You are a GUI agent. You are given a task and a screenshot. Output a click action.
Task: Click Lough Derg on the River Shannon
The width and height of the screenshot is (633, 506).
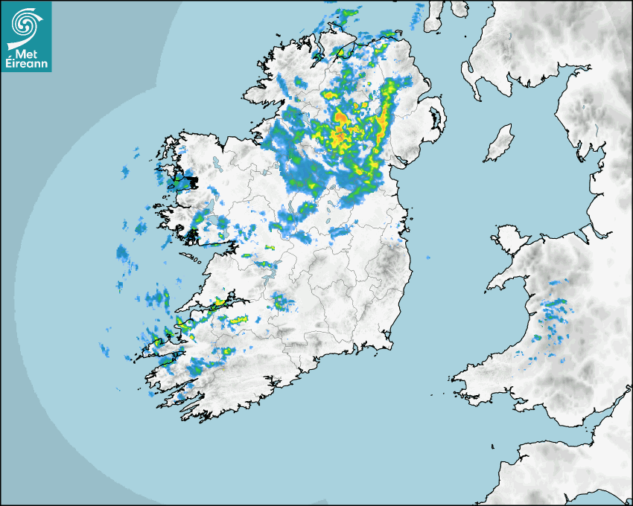pos(270,272)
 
